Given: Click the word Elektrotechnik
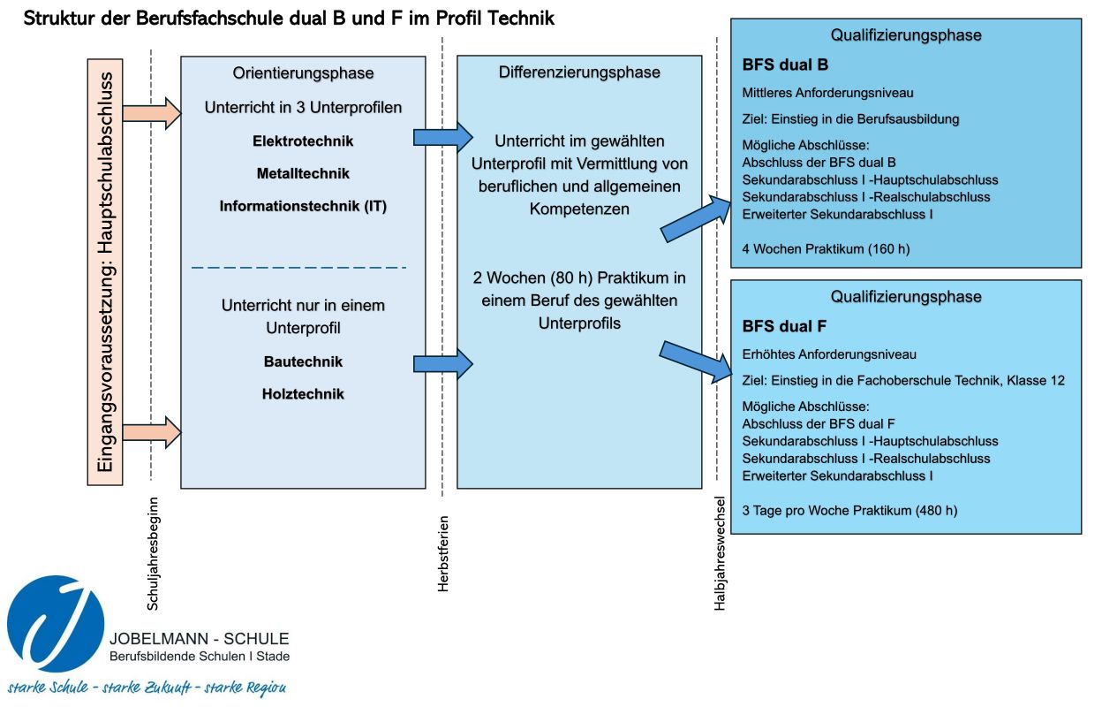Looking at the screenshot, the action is (303, 141).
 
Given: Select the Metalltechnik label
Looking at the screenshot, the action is (303, 173).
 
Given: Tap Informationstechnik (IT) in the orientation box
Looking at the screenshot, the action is (303, 206).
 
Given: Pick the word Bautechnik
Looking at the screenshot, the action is (303, 361).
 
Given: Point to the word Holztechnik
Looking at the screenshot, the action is (303, 394).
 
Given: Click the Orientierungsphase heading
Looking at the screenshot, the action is (303, 72).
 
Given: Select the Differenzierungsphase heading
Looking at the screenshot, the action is (579, 72).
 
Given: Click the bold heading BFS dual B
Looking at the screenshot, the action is (785, 65).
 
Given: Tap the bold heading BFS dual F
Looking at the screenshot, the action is (784, 326).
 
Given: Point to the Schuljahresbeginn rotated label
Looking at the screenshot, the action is (153, 554).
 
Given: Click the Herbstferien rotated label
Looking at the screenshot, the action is (443, 553).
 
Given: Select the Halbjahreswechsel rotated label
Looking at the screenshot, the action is (720, 553).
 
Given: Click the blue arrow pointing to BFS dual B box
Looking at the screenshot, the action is (697, 217).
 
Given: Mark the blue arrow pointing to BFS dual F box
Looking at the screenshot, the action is (697, 361).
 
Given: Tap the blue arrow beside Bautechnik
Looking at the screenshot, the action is (442, 364).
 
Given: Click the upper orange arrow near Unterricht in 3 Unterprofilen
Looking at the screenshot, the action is (152, 113).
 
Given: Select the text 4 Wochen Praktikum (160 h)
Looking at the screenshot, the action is (826, 249).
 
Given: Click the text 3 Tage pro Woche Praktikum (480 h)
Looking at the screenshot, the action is (849, 511).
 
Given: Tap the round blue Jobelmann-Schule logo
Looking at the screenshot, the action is (56, 624).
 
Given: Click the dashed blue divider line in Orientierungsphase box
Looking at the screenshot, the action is (299, 268).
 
